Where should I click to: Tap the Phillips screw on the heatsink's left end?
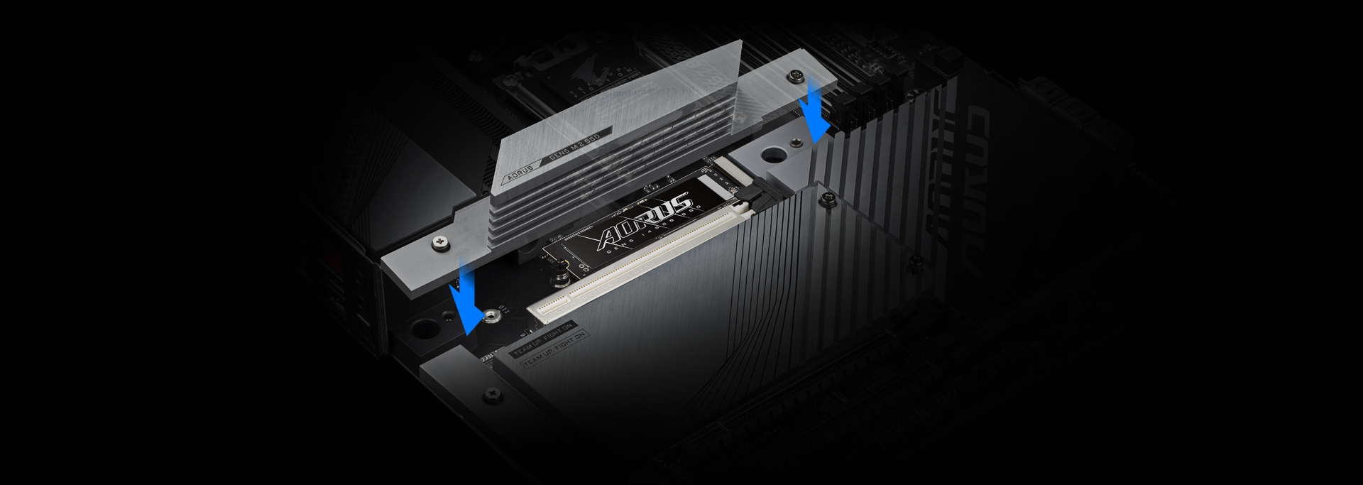(441, 244)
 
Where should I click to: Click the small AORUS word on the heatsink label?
(520, 174)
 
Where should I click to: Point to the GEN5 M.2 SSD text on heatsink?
(575, 146)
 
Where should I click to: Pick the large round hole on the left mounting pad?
(425, 329)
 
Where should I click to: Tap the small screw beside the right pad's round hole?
(797, 143)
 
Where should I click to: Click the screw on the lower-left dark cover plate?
(492, 393)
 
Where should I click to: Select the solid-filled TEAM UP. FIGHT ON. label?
(543, 339)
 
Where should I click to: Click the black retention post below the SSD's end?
(561, 271)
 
